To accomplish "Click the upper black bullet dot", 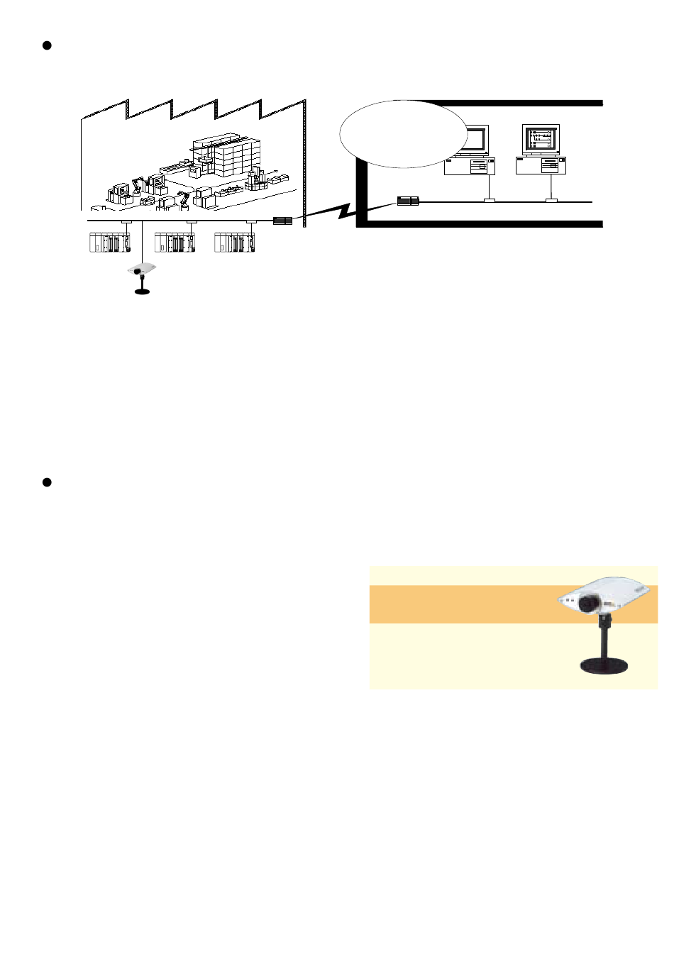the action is (x=48, y=46).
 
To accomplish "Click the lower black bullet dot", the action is (x=48, y=482).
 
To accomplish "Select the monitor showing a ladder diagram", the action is (x=541, y=140).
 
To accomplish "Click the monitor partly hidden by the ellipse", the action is (x=474, y=140).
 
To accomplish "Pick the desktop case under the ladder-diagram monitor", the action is (x=541, y=165).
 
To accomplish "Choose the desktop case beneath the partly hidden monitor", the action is (x=470, y=166).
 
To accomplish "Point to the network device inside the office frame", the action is (x=408, y=201).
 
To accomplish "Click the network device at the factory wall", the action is (x=283, y=221).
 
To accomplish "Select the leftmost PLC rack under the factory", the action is (x=110, y=243).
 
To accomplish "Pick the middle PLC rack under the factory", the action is (x=175, y=243).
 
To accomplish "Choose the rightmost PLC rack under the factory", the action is (x=235, y=243).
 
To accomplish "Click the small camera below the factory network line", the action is (x=142, y=271).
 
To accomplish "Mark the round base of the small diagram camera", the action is (x=143, y=291).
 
